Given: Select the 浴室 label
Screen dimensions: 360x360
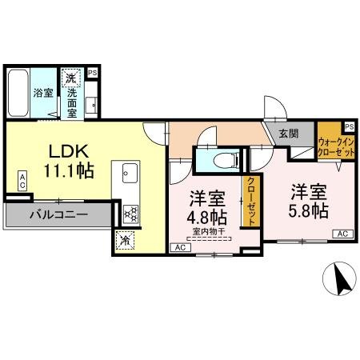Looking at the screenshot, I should (42, 93).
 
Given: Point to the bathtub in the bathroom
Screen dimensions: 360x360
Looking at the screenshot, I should (18, 93).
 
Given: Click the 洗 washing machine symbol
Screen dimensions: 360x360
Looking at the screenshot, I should (71, 79).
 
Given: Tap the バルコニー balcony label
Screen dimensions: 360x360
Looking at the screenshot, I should (58, 214).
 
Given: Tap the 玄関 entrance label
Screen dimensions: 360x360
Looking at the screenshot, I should (289, 134).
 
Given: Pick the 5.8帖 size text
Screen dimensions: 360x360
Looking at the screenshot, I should (309, 210).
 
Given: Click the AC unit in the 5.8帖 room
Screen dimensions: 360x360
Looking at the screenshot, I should (342, 234).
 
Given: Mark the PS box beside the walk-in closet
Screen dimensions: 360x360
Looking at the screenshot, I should (350, 126).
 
